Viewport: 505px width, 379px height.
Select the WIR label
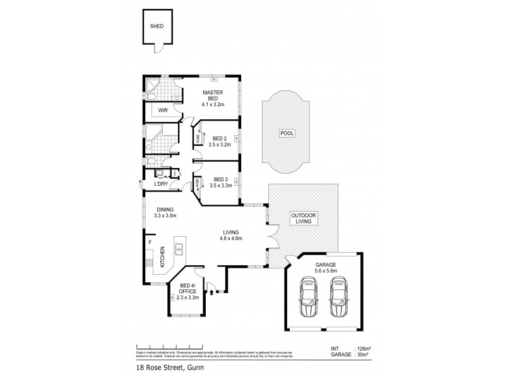(x=162, y=111)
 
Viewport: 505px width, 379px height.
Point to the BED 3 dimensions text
(x=220, y=186)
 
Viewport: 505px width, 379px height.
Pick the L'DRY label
(x=161, y=184)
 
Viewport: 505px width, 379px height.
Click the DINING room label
(x=165, y=212)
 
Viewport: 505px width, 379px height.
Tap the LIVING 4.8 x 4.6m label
(x=231, y=236)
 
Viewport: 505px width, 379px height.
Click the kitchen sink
(x=179, y=250)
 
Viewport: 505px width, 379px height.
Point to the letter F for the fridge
(x=150, y=242)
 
